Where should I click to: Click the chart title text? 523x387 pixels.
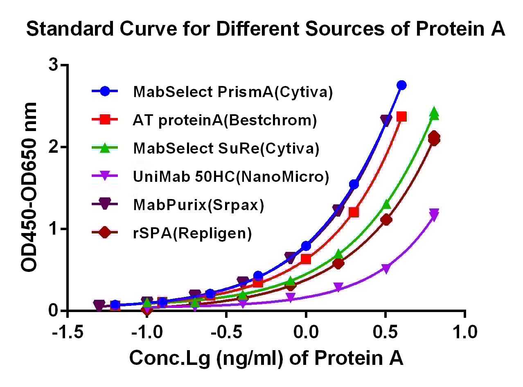coord(266,30)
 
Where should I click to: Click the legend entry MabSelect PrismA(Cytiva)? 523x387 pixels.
coord(232,92)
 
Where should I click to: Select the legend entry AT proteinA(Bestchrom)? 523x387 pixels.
coord(225,120)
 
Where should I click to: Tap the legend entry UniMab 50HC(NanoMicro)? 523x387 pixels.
coord(231,177)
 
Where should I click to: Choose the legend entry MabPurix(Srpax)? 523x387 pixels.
coord(198,205)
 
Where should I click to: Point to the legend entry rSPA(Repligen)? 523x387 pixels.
coord(192,233)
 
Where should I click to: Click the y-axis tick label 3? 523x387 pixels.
coord(52,66)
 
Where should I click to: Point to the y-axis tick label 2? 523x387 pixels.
coord(52,147)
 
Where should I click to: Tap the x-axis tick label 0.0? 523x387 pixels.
coord(306,332)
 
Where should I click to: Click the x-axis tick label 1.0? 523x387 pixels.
coord(464,332)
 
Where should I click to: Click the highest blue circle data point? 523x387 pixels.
coord(401,85)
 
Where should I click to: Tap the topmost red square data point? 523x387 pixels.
coord(401,117)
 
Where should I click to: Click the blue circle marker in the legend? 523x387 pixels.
coord(105,92)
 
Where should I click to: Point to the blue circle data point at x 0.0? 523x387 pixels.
coord(306,246)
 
